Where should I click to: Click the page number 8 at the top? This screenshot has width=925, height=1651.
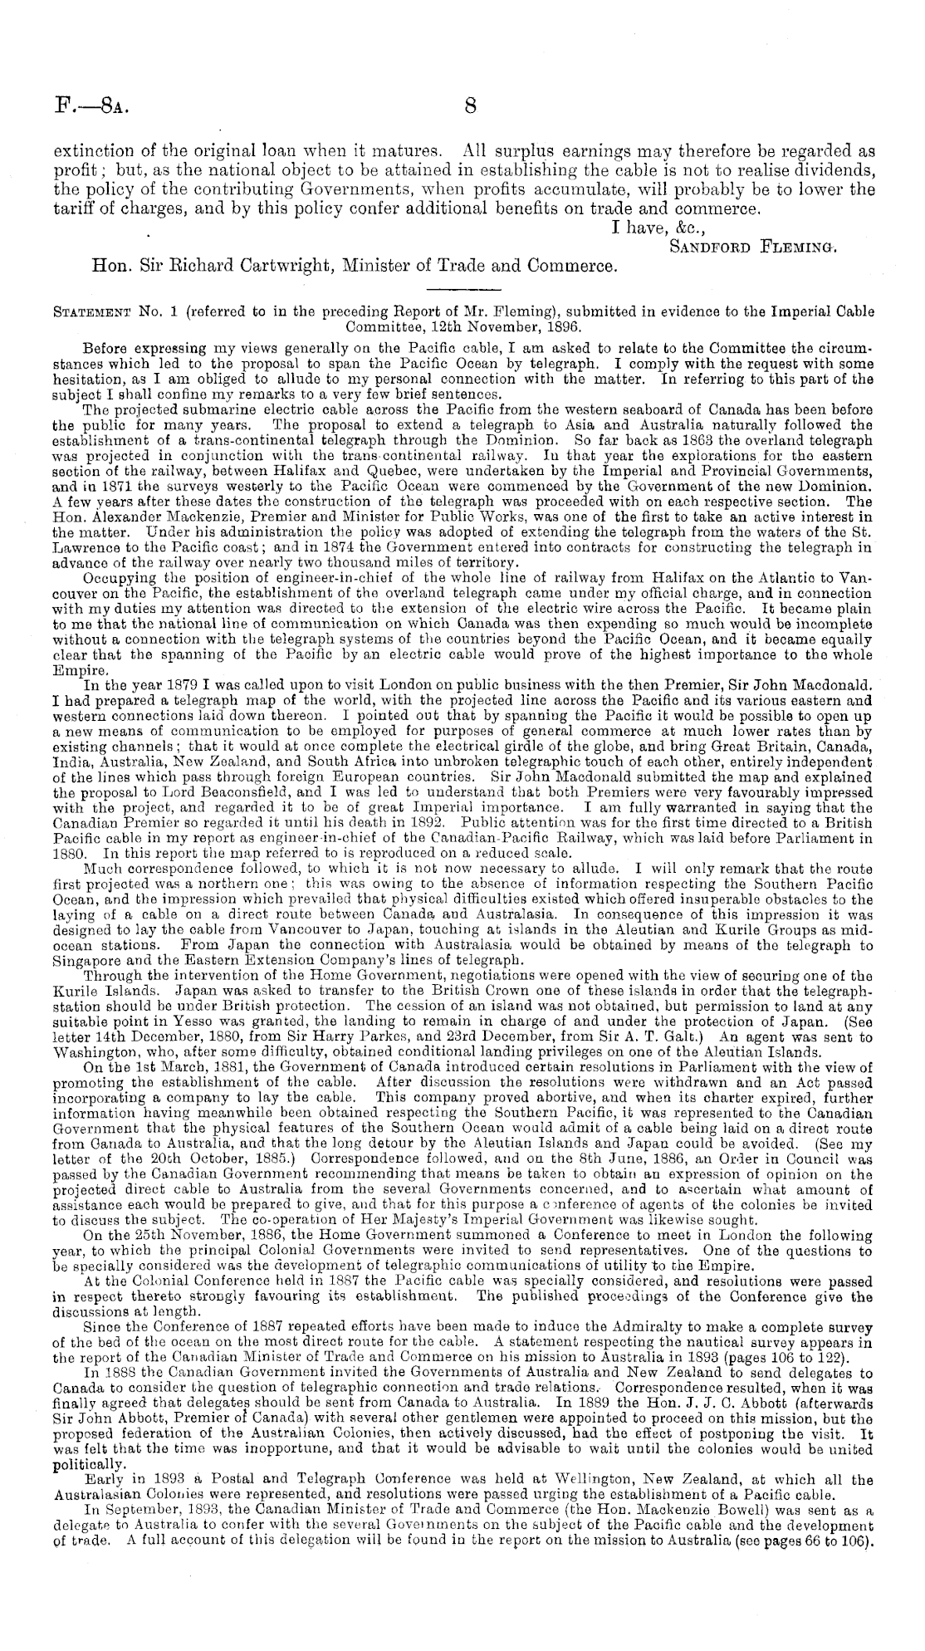coord(470,105)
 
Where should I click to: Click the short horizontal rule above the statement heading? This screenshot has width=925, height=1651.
coord(462,290)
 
